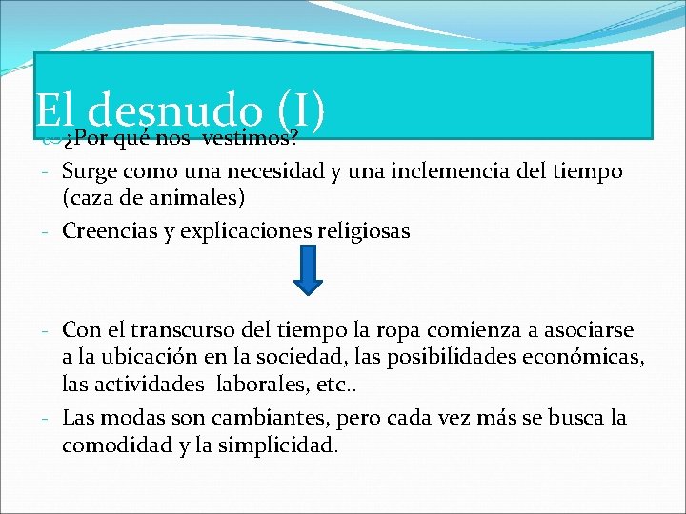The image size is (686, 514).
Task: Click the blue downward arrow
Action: (x=308, y=269)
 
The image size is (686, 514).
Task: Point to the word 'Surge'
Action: (x=88, y=172)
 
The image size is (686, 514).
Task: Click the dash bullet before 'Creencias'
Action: (x=45, y=232)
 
